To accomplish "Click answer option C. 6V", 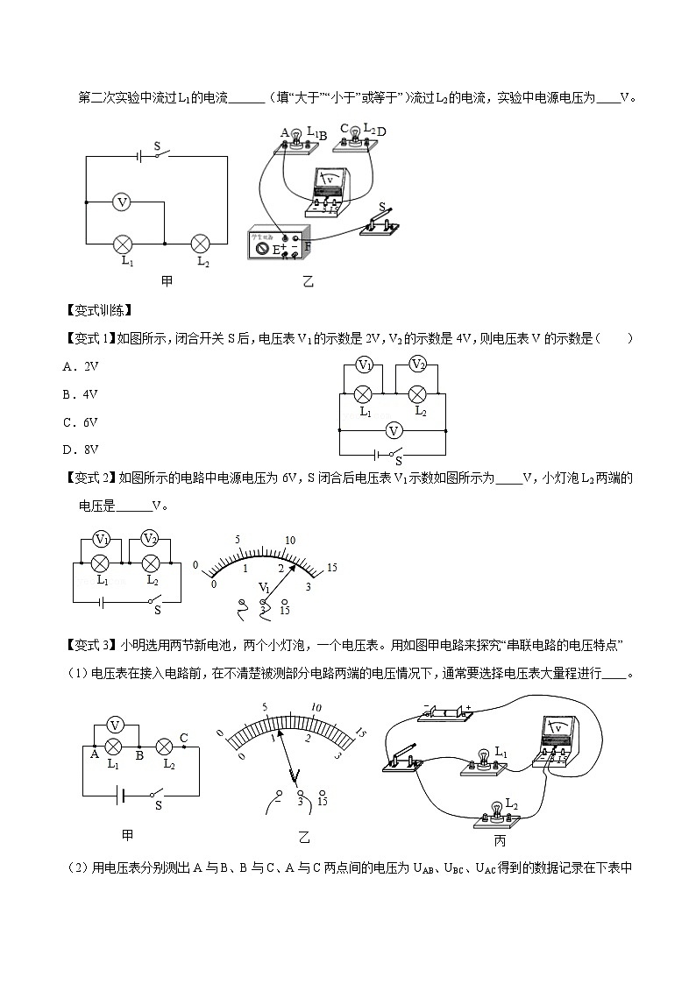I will pyautogui.click(x=81, y=421).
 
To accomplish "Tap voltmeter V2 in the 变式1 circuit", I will pyautogui.click(x=418, y=365).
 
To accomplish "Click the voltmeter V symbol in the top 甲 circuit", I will pyautogui.click(x=123, y=202).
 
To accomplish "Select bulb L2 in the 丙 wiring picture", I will pyautogui.click(x=498, y=811).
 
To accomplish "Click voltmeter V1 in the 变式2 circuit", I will pyautogui.click(x=103, y=538).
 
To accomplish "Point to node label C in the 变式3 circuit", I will pyautogui.click(x=183, y=737).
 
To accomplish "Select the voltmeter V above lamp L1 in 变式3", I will pyautogui.click(x=113, y=725).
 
